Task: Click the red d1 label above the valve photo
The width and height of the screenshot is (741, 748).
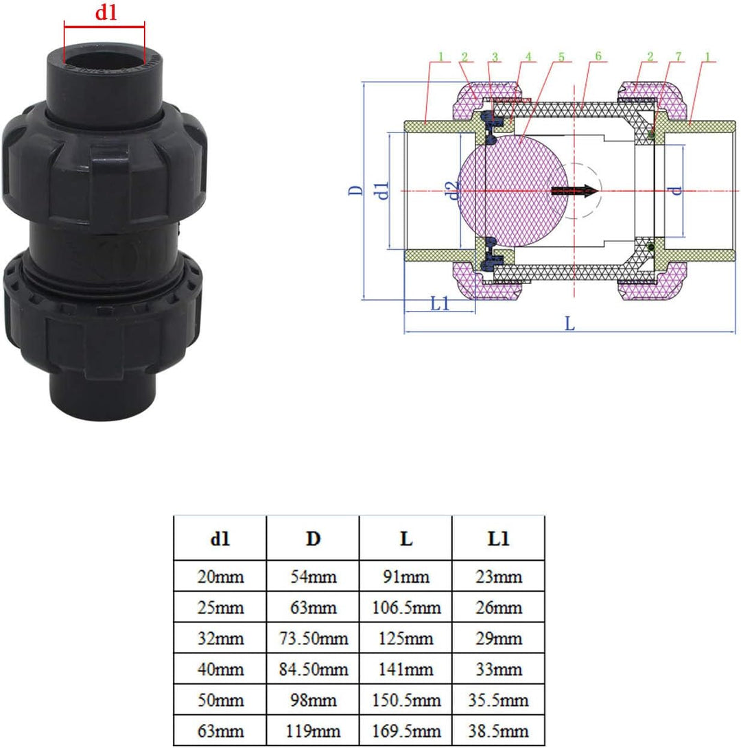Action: (x=105, y=13)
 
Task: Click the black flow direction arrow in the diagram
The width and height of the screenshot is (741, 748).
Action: (x=575, y=191)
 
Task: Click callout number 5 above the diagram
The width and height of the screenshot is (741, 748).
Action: (x=561, y=56)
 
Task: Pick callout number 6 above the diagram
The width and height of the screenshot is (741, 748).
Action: (x=598, y=56)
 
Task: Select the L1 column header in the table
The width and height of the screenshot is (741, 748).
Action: (x=498, y=539)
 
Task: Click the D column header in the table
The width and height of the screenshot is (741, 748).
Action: (x=313, y=539)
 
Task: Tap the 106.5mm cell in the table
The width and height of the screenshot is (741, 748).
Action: (x=405, y=607)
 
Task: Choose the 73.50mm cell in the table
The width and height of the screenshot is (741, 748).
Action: (x=313, y=638)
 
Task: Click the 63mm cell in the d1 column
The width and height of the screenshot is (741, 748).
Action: (x=220, y=730)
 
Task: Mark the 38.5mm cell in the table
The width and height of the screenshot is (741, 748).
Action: (x=498, y=730)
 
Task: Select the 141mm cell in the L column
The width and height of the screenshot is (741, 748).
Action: (x=405, y=669)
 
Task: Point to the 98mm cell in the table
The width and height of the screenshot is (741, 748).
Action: (x=313, y=700)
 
